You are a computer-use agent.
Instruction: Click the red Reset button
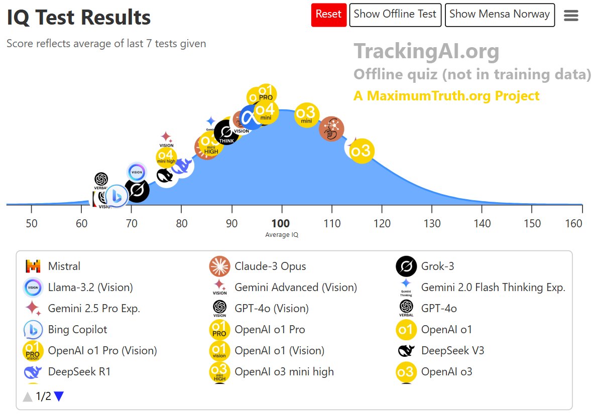(328, 15)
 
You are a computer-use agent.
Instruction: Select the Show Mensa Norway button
(499, 15)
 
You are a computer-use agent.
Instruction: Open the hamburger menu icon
(571, 16)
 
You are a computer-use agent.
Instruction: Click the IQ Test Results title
(78, 18)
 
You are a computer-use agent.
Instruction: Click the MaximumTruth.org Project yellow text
(446, 96)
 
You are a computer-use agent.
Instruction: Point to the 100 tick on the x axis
(281, 223)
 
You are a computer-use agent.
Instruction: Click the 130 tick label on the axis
(432, 223)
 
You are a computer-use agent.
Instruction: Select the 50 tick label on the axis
(31, 223)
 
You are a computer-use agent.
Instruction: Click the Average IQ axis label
(282, 234)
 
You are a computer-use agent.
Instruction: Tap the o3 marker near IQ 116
(361, 151)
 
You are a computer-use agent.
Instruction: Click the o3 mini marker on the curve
(307, 114)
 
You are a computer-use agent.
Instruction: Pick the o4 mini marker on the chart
(266, 112)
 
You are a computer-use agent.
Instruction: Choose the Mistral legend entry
(64, 266)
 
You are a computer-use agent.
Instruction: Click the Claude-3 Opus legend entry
(270, 266)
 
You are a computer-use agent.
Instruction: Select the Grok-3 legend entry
(437, 266)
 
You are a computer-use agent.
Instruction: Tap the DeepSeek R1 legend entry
(79, 371)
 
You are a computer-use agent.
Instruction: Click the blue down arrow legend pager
(59, 396)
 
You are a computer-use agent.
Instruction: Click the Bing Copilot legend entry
(77, 329)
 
